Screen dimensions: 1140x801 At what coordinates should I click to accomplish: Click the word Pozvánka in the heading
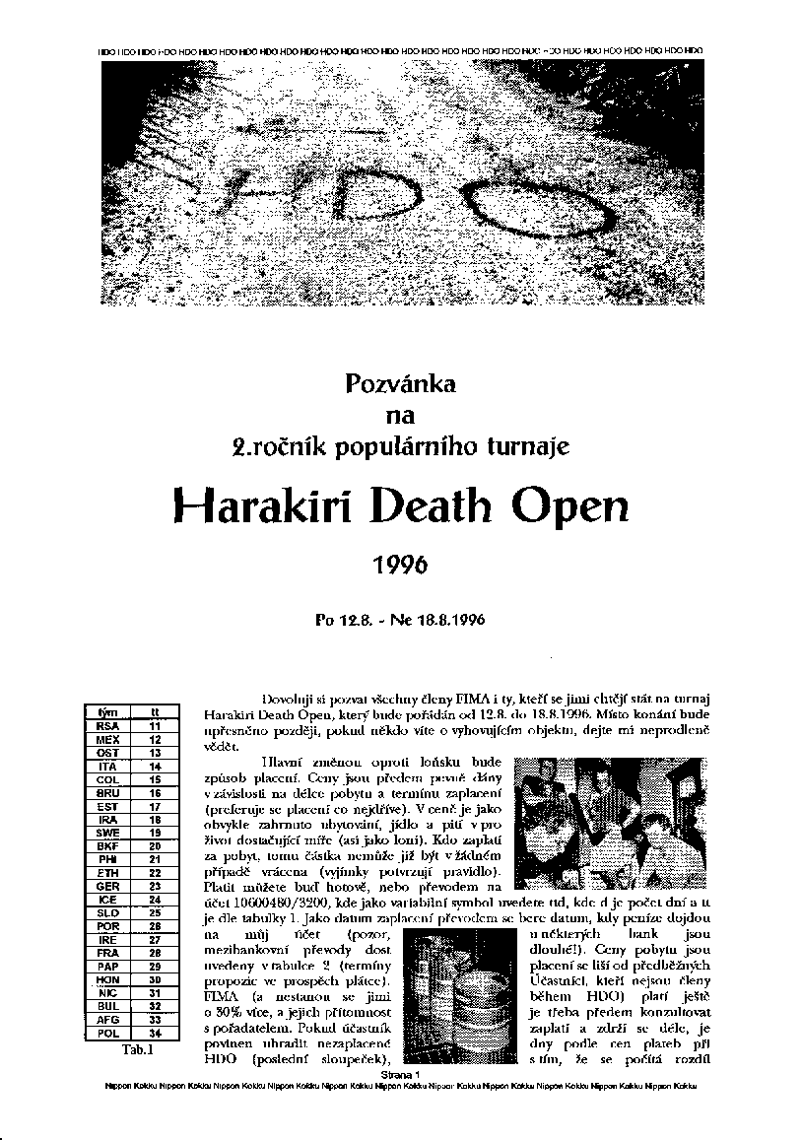point(399,385)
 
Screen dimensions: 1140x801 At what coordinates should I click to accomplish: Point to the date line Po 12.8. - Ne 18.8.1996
point(399,621)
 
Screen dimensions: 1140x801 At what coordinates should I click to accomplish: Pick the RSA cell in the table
point(108,724)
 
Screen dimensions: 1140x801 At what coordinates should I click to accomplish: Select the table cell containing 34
point(155,1034)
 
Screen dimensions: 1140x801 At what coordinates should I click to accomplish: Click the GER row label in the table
point(108,886)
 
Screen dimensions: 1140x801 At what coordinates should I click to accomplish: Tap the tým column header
point(108,711)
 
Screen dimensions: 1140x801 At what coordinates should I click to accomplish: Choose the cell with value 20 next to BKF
point(155,845)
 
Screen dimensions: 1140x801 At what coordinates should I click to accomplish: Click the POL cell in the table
point(108,1034)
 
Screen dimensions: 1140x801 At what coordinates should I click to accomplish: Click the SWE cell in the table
point(108,832)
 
